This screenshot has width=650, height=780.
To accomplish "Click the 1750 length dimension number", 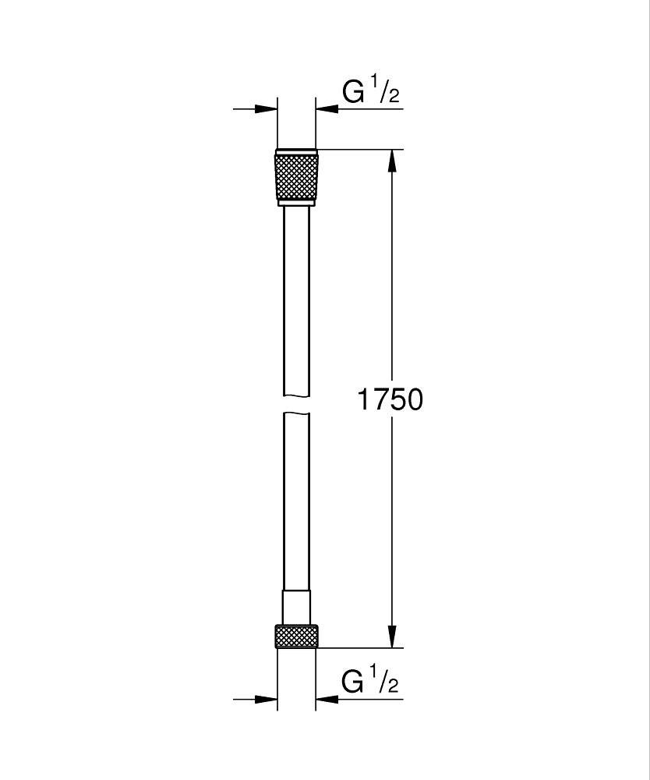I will [390, 399].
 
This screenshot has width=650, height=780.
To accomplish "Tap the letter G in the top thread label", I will [353, 92].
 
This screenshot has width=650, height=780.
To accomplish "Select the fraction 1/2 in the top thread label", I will [386, 91].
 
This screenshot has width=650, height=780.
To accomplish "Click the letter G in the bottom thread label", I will [353, 682].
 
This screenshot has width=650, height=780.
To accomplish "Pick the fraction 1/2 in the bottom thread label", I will [386, 681].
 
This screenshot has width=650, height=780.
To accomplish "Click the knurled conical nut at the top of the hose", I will [296, 176].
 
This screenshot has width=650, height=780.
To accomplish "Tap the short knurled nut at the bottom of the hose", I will [296, 636].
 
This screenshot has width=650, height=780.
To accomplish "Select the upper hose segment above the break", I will [296, 296].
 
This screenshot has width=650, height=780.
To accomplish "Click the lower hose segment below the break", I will [296, 499].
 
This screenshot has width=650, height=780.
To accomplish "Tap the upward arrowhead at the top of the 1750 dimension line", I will [392, 161].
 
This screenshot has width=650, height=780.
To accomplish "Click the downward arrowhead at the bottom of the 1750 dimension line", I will [392, 636].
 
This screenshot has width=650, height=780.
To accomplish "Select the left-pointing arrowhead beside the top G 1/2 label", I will [327, 109].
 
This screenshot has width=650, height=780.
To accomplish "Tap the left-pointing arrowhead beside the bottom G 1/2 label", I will [327, 699].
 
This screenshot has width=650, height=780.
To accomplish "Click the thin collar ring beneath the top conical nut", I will [296, 204].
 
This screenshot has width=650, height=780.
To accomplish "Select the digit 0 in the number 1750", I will [412, 399].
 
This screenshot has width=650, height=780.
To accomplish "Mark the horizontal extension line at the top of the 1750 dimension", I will [359, 149].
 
